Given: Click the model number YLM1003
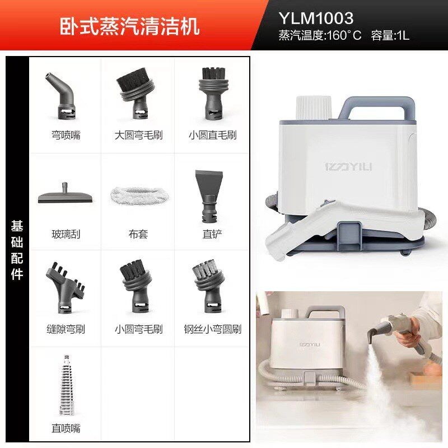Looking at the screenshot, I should click(316, 19).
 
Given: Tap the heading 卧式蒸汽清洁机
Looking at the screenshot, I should click(129, 26).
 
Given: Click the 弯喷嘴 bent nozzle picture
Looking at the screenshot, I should click(63, 95).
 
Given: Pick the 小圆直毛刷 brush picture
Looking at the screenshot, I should click(212, 92).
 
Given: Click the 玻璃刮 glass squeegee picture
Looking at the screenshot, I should click(63, 193).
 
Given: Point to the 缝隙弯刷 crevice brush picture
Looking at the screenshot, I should click(64, 286).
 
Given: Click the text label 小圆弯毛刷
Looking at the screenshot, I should click(138, 329).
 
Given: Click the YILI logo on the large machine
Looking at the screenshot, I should click(348, 167).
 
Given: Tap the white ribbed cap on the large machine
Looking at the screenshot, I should click(314, 107).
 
